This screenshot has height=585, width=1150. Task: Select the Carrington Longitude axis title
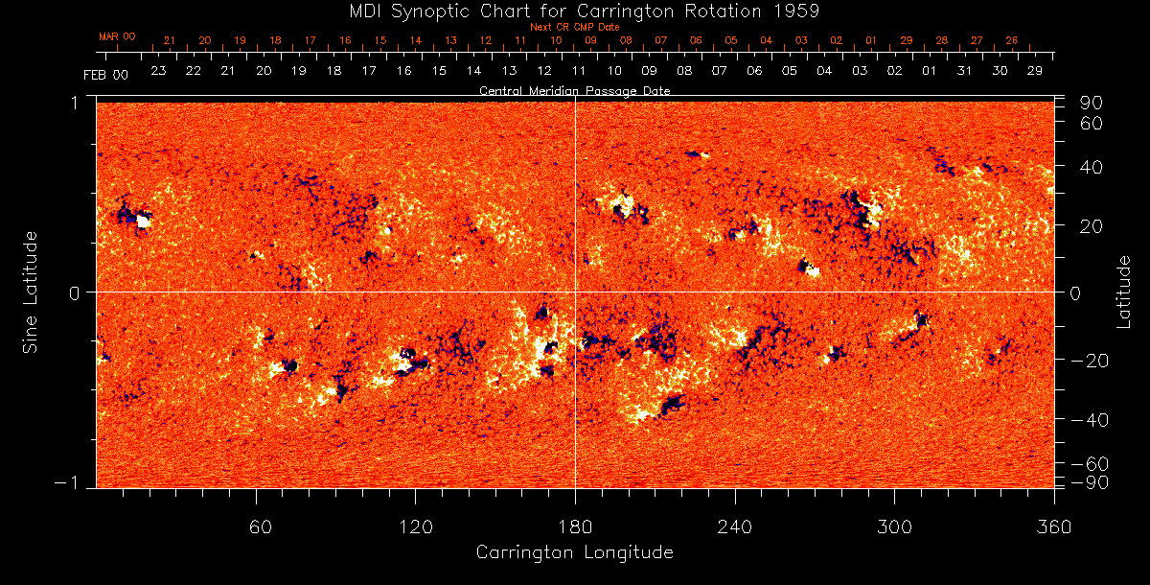click(x=574, y=552)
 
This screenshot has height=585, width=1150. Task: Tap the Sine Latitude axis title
click(x=32, y=292)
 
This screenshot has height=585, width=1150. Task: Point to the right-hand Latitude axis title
click(x=1124, y=292)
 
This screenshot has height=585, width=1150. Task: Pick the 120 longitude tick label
click(x=415, y=526)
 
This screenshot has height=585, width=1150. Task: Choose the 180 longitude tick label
click(x=575, y=526)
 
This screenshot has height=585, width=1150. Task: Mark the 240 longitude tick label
click(x=734, y=526)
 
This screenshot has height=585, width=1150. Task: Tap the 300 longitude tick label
click(x=894, y=526)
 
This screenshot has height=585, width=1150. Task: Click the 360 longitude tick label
click(x=1053, y=526)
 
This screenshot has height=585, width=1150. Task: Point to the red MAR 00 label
click(x=117, y=36)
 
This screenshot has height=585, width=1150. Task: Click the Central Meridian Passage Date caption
click(x=574, y=91)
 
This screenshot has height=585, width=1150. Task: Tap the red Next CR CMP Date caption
click(x=574, y=27)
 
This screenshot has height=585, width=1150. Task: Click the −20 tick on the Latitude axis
click(x=1090, y=360)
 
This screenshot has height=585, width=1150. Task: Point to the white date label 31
click(x=964, y=71)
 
